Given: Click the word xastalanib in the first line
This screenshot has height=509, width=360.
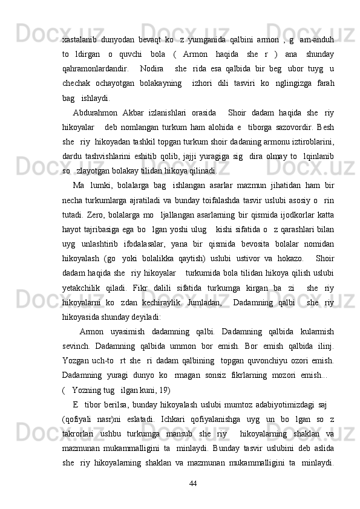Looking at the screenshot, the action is click(79, 41).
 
